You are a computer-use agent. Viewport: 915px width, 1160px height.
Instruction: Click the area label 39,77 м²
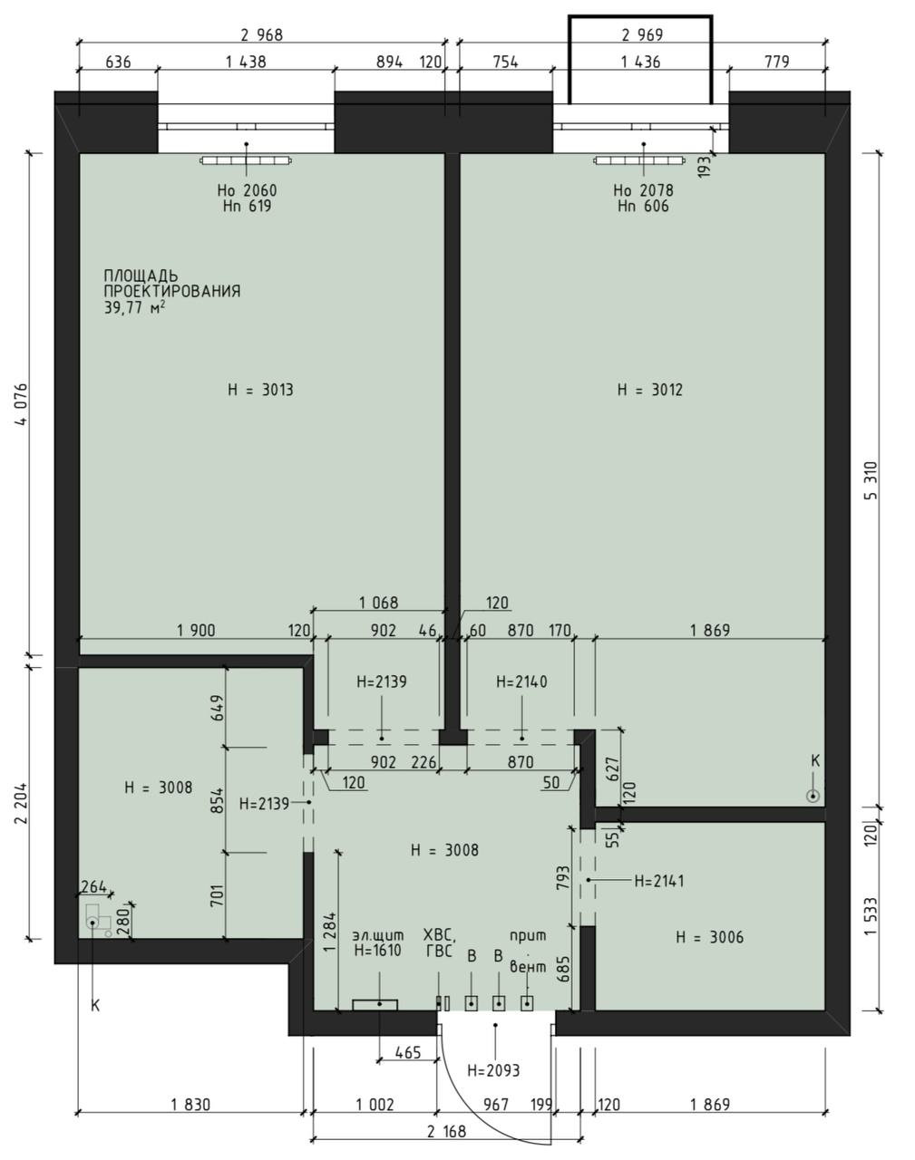pos(134,308)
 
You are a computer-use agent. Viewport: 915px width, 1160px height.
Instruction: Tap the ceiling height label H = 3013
pos(260,390)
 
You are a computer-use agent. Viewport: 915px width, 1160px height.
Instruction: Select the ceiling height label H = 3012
pos(650,390)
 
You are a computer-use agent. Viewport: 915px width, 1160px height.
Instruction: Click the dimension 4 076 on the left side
pos(21,404)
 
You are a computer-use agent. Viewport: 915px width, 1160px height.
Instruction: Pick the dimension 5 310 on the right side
pos(871,481)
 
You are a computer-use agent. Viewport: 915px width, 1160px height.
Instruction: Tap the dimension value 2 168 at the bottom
pos(446,1131)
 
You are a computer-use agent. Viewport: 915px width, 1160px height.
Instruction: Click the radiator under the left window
pos(246,160)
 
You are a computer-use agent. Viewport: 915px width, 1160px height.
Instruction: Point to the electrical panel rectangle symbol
pos(375,1004)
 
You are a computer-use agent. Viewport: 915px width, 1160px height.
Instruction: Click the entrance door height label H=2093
pos(493,1070)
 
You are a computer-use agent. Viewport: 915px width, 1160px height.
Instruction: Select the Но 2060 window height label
pos(247,190)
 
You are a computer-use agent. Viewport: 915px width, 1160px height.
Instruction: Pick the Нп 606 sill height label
pos(643,206)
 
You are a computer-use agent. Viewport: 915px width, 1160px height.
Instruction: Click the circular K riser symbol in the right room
pos(813,796)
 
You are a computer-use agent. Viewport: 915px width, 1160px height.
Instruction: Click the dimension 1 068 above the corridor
pos(379,603)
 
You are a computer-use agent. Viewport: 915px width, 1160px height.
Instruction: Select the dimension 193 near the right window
pos(706,166)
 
